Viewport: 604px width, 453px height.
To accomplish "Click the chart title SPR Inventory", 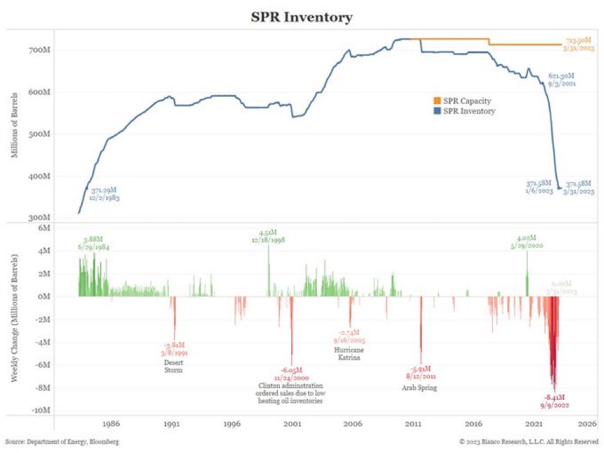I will (301, 17).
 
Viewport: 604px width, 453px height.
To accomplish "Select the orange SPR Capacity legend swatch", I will (437, 101).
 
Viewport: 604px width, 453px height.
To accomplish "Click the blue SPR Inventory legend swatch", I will (437, 110).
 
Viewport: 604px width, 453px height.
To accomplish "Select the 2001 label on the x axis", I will (293, 424).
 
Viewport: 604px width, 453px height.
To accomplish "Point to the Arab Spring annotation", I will (420, 388).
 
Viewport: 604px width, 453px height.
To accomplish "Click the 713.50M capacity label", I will (578, 40).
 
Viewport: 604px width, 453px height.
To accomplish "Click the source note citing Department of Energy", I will (62, 442).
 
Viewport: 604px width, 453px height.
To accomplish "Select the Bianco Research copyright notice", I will (529, 442).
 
